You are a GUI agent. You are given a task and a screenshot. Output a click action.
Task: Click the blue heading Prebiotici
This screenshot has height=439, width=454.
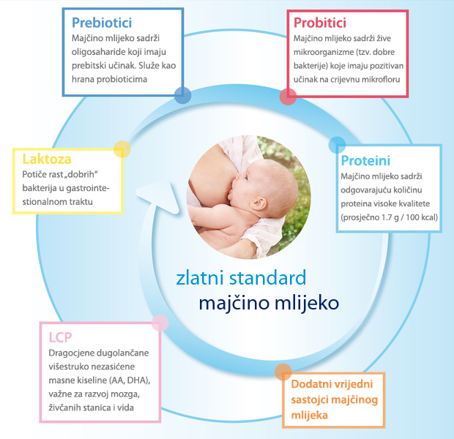click(102, 23)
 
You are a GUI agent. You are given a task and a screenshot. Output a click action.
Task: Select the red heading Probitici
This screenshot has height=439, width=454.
click(320, 23)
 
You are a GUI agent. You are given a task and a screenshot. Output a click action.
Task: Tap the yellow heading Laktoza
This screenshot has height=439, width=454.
click(47, 159)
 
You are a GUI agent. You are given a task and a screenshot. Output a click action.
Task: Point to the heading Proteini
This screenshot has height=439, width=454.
click(365, 161)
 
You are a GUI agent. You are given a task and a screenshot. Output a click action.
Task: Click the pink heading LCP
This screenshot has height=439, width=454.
click(60, 337)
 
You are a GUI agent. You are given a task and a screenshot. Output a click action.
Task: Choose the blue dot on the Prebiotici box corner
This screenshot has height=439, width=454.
click(183, 95)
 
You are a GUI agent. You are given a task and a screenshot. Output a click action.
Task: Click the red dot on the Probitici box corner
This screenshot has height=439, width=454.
click(288, 97)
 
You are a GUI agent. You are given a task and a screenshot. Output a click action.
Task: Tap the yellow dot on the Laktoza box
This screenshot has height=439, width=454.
click(122, 149)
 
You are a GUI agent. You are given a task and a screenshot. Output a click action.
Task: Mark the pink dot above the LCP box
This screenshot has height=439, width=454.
click(160, 323)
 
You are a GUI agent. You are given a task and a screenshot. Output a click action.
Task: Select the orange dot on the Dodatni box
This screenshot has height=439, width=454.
click(283, 372)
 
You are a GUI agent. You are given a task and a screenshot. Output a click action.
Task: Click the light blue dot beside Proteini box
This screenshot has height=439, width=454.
click(337, 145)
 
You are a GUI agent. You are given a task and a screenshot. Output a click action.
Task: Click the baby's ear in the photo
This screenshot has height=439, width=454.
click(258, 204)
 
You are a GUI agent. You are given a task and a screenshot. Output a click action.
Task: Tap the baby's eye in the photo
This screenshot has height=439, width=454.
click(246, 177)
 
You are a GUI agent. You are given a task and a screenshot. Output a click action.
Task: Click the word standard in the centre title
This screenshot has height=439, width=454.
click(267, 277)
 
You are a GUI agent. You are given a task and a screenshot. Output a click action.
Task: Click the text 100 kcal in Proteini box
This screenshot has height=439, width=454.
click(422, 217)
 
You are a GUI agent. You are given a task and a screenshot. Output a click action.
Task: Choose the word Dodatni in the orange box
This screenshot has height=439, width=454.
click(311, 384)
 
